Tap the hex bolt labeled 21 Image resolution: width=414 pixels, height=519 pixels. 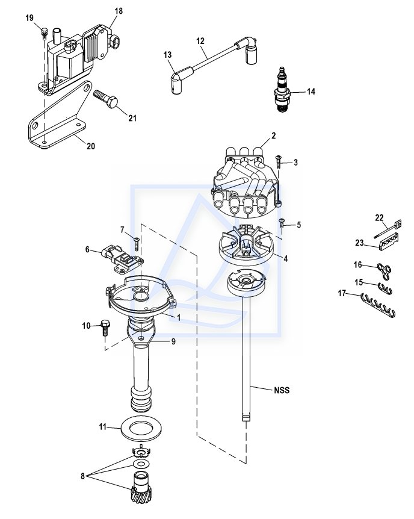pyautogui.click(x=106, y=98)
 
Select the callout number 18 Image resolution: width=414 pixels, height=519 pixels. pyautogui.click(x=119, y=11)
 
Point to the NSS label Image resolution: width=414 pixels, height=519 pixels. pyautogui.click(x=282, y=390)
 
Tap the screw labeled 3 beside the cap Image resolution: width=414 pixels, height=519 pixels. pyautogui.click(x=279, y=161)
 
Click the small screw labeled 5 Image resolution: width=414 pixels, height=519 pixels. pyautogui.click(x=282, y=223)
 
